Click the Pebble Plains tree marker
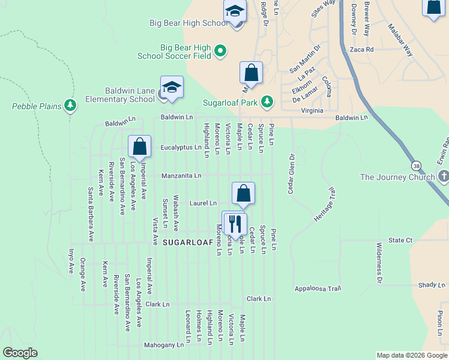pos(71,106)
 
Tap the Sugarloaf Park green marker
pos(267,102)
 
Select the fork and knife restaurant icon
pos(234,223)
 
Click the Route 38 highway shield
pos(415,165)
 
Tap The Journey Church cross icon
pos(444,176)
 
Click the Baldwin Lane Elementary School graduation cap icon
pos(172,88)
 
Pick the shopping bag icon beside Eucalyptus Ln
pos(139,147)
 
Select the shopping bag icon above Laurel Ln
pos(243,193)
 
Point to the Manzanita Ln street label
pos(181,176)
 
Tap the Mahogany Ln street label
pos(164,345)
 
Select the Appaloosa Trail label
pos(318,289)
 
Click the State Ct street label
pos(400,240)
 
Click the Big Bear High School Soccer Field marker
pos(220,51)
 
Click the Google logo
pos(20,353)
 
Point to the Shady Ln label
pos(429,285)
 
